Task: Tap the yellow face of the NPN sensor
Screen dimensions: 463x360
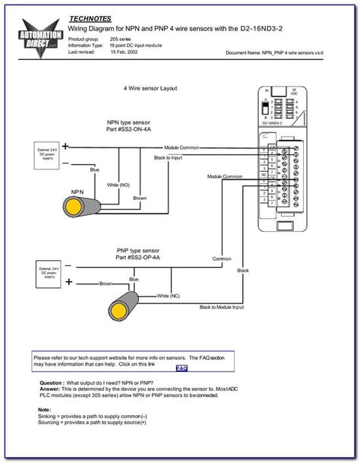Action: [74, 208]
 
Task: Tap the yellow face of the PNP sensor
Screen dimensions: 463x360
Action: [119, 311]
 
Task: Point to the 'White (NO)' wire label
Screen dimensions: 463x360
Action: [118, 185]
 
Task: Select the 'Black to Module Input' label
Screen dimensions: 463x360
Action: [222, 307]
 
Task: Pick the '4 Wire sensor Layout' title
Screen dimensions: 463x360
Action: [150, 88]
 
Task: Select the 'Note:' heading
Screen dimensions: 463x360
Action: [44, 408]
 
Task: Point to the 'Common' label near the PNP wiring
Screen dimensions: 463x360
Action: [222, 258]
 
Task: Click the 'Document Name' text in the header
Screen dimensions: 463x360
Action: [245, 54]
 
